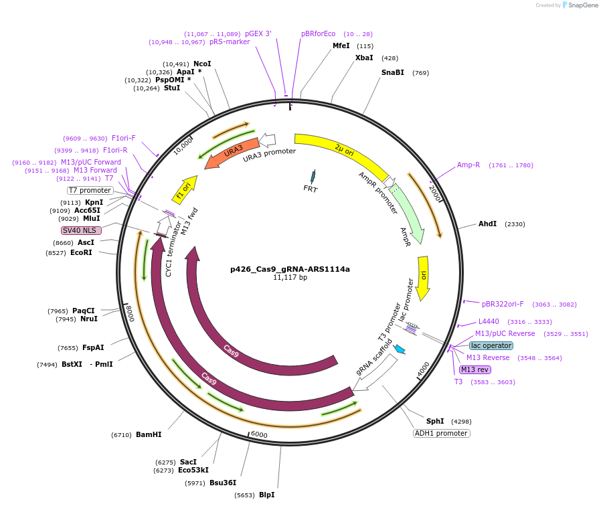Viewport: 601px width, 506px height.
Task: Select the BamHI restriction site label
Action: pyautogui.click(x=149, y=434)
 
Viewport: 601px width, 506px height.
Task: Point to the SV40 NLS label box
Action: pyautogui.click(x=82, y=230)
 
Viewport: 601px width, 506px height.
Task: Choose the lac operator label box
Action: pyautogui.click(x=491, y=345)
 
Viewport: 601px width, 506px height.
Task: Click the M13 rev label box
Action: pyautogui.click(x=475, y=369)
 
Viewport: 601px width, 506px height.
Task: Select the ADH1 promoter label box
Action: pyautogui.click(x=442, y=433)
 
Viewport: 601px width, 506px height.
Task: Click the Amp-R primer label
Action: pyautogui.click(x=468, y=165)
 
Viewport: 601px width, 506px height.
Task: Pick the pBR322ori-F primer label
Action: pyautogui.click(x=503, y=304)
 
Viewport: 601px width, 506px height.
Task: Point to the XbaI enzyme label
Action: pyautogui.click(x=364, y=58)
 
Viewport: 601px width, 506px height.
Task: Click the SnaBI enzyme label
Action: pyautogui.click(x=393, y=72)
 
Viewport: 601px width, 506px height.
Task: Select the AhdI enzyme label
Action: pyautogui.click(x=487, y=224)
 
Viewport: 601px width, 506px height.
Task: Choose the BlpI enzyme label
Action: pyautogui.click(x=266, y=495)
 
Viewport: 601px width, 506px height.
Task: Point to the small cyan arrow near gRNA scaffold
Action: pyautogui.click(x=400, y=349)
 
